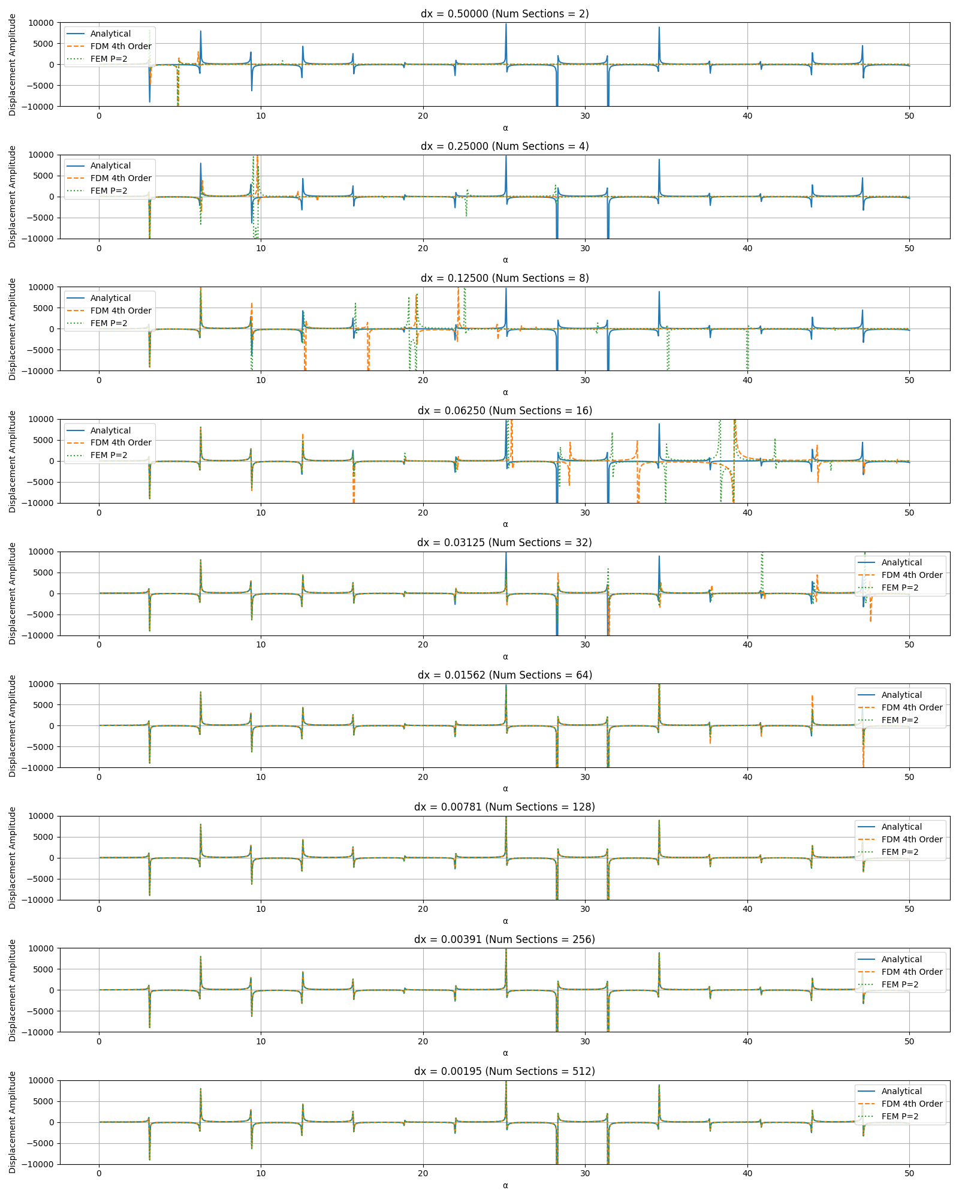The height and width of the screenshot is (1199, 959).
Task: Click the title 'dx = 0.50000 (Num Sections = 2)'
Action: (505, 14)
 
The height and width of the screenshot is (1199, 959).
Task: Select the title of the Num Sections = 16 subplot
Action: (505, 411)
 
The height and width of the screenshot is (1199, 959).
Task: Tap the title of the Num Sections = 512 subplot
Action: (505, 1071)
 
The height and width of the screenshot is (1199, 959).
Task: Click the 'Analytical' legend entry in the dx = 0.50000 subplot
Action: (110, 34)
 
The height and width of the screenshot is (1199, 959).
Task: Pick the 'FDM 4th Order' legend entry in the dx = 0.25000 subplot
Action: (120, 178)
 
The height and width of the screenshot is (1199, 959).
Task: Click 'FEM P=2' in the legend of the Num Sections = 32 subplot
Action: (900, 588)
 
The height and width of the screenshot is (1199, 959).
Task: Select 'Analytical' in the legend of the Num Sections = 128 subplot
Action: (901, 827)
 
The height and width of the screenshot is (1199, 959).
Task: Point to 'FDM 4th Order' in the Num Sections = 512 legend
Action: (912, 1104)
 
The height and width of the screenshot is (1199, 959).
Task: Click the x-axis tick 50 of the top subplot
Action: (909, 116)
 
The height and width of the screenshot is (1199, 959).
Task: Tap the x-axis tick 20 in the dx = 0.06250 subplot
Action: (423, 513)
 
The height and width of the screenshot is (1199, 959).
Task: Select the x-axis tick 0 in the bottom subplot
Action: (99, 1174)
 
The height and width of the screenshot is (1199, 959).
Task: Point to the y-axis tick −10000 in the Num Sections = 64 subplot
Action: (34, 768)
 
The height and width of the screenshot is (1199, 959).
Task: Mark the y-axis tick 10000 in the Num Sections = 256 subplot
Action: (36, 948)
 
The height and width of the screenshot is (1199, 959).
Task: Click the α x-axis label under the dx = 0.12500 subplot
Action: (505, 393)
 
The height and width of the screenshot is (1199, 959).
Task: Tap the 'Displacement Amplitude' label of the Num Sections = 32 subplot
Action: (13, 594)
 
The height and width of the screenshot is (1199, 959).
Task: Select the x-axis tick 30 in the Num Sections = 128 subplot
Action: (585, 909)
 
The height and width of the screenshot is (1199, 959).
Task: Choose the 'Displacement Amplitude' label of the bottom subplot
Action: (13, 1122)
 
